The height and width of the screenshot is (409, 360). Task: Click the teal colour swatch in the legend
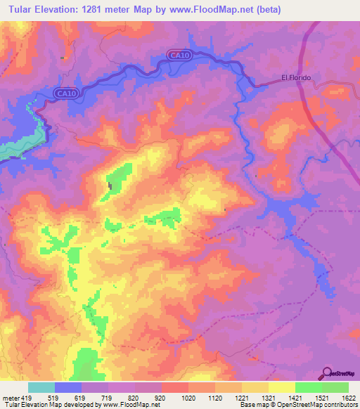click(41, 387)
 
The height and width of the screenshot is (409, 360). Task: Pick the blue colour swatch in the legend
click(68, 387)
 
